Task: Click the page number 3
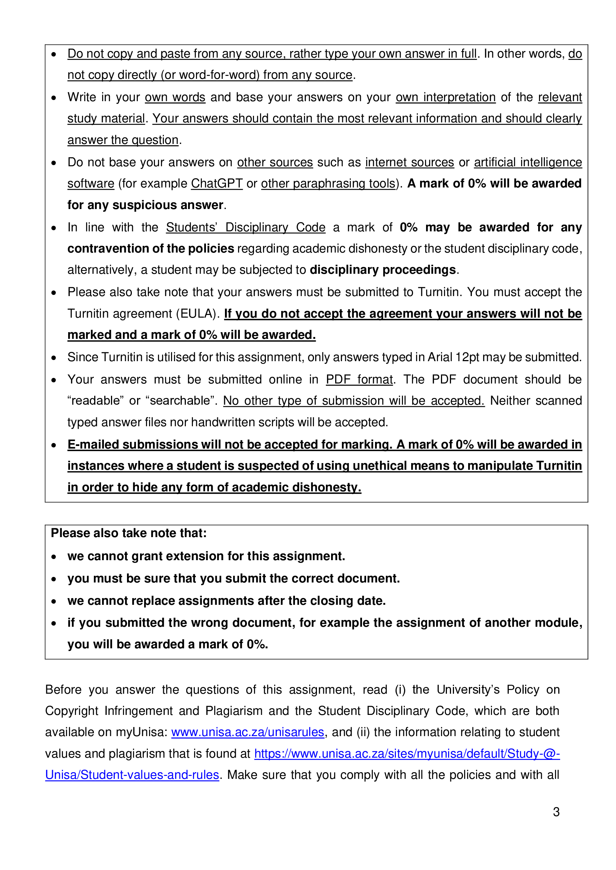(x=556, y=812)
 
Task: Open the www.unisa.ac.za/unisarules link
(x=248, y=732)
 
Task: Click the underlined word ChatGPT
(x=217, y=183)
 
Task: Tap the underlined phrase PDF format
(x=359, y=379)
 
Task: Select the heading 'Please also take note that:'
(x=128, y=533)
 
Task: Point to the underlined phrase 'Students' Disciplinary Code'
(x=245, y=227)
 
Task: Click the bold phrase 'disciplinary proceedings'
(x=383, y=270)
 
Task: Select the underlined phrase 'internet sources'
(x=410, y=162)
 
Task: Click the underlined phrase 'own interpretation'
(x=446, y=97)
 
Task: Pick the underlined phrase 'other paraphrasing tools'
(x=328, y=183)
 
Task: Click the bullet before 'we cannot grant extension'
(x=54, y=557)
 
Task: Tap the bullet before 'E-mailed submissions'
(x=54, y=445)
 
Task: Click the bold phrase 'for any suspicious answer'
(x=145, y=205)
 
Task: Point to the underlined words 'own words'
(x=175, y=97)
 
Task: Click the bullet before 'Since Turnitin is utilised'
(x=54, y=358)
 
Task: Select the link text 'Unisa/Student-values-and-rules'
(x=132, y=774)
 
